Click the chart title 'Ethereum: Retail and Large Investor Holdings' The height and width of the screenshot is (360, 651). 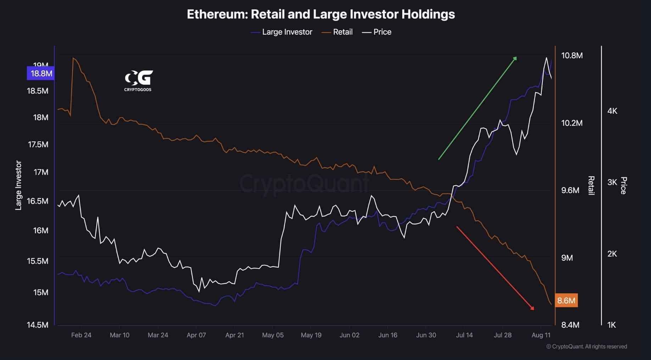coord(321,14)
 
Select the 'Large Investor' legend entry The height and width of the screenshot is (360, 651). coord(287,32)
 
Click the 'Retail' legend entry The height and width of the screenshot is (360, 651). coord(343,32)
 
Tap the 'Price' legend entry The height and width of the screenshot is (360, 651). coord(382,32)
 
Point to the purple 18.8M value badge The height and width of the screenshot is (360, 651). coord(41,73)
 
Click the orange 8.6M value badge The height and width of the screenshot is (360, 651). coord(566,300)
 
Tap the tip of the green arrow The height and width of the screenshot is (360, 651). coord(516,57)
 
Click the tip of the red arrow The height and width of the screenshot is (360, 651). coord(534,309)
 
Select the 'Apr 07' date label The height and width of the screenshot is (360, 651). coord(196,335)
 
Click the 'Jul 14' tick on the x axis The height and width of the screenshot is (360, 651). coord(464,335)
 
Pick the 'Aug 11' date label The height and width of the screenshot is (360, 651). coord(541,335)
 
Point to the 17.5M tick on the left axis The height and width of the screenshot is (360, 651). coord(38,145)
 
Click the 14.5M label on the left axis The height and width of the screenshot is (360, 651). coord(38,325)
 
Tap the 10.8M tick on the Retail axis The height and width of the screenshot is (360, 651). coord(572,56)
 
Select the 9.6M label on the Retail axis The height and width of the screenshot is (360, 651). coord(570,190)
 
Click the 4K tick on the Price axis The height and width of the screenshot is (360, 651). coord(612,111)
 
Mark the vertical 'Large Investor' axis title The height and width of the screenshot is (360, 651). coord(18,185)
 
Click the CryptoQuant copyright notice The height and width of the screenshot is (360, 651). coord(586,347)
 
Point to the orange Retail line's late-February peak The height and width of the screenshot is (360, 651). coord(73,58)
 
